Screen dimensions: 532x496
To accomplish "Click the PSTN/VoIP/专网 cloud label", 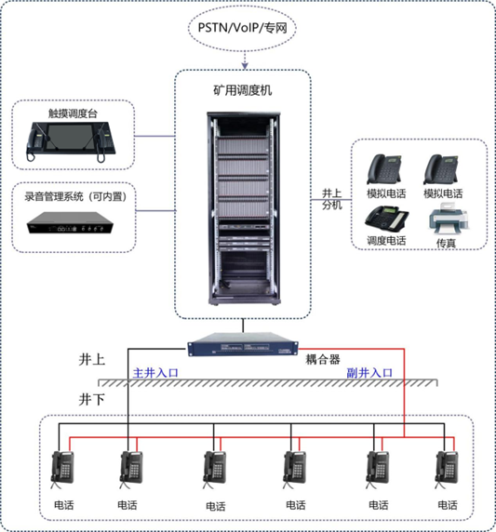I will (242, 28).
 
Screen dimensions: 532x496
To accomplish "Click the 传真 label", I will (445, 242).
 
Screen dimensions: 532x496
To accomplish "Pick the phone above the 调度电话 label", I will (384, 219).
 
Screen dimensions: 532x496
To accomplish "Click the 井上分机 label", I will (332, 198).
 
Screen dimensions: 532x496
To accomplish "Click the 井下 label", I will (93, 398).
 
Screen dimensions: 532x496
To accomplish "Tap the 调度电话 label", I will (386, 242).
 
